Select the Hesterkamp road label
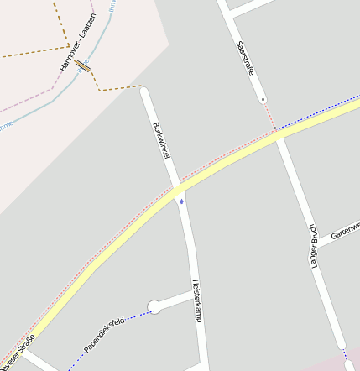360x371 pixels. click(196, 300)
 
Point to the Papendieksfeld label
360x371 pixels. click(105, 334)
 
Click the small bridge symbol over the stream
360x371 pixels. click(81, 65)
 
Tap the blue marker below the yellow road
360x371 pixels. click(181, 201)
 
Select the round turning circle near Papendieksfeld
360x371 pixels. click(154, 307)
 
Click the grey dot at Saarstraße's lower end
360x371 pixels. click(263, 100)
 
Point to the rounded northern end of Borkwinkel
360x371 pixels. click(144, 89)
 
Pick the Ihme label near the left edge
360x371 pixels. click(6, 125)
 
